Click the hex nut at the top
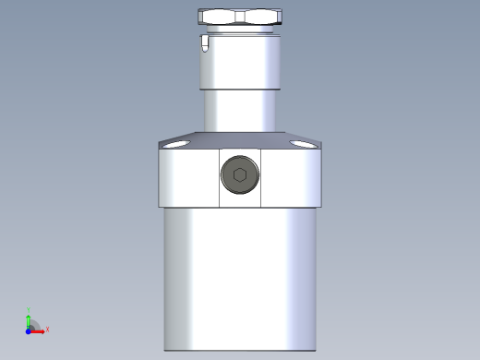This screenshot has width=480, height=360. point(239,16)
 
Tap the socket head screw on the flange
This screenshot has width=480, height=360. point(240,175)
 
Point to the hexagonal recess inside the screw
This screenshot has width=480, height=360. point(240,175)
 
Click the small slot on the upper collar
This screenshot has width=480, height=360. point(203,42)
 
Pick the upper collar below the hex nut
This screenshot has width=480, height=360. point(240,60)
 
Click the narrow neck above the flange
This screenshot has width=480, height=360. point(240,111)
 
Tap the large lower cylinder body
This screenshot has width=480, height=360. point(240,277)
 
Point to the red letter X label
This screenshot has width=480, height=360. point(47,329)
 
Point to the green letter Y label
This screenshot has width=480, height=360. point(28,310)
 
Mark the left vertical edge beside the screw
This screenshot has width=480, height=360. point(220,177)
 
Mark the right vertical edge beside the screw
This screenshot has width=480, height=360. point(261,177)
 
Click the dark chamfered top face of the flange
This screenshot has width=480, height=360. point(240,140)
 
